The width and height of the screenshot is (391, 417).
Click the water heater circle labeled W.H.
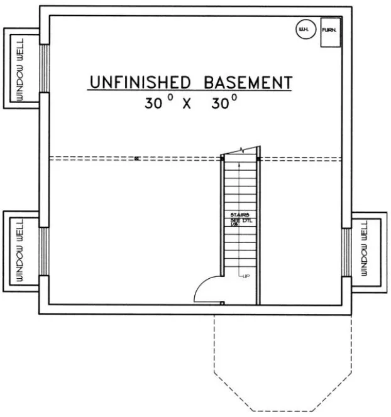pos(304,30)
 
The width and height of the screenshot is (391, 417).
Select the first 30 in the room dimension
pos(153,104)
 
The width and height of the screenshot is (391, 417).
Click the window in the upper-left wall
pos(44,69)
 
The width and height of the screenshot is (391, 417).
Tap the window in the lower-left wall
pos(44,251)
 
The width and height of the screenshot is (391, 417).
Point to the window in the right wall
pos(346,251)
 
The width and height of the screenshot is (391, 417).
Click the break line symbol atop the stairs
pos(241,151)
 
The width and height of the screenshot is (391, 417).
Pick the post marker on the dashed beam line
pos(136,159)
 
